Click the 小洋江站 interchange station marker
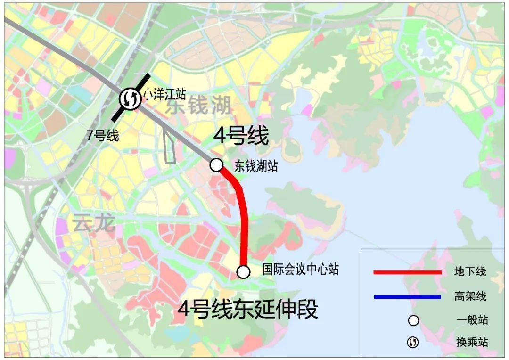point(129,98)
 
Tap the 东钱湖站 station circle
point(216,164)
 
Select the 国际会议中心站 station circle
point(243,271)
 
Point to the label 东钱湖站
point(256,166)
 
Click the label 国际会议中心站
point(300,270)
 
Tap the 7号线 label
point(103,136)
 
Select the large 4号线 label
point(241,136)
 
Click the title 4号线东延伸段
point(247,310)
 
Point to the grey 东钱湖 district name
point(198,106)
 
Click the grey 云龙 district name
point(94,223)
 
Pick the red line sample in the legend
point(407,272)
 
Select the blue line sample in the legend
point(407,297)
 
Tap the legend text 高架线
point(470,296)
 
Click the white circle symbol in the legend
point(413,320)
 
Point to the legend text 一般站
point(472,320)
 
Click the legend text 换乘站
point(472,342)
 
